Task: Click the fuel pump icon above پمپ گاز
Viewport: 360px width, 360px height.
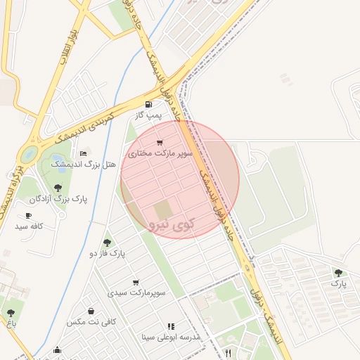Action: (148, 104)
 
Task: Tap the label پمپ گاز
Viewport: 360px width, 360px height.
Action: (148, 114)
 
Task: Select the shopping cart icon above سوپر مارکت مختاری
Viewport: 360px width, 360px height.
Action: (160, 143)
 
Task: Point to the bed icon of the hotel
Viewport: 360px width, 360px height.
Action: (84, 154)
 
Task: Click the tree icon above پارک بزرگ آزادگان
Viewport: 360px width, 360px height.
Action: (58, 188)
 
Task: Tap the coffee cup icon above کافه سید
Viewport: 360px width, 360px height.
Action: (29, 216)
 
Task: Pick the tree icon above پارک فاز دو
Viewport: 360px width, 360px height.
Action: (107, 243)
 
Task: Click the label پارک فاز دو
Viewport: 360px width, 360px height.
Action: (107, 253)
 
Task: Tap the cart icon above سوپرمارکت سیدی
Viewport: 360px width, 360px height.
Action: (136, 282)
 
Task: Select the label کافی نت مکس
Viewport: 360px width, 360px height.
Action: (91, 322)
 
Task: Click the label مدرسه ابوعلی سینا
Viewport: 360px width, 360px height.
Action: (171, 337)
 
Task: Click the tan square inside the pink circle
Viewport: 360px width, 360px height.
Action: (163, 210)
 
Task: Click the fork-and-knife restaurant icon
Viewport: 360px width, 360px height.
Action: (228, 352)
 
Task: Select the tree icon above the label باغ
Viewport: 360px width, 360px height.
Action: (11, 314)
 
